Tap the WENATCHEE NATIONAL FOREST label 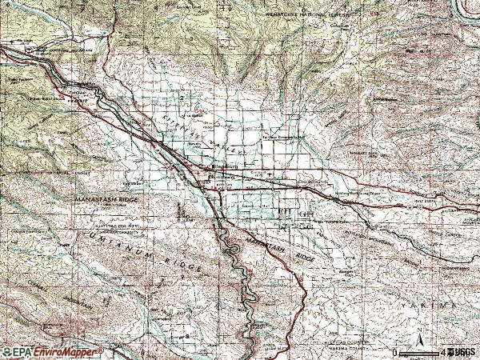[x=309, y=15]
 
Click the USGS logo [x=462, y=351]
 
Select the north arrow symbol [x=418, y=344]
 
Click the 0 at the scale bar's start [x=394, y=352]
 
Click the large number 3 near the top [x=192, y=38]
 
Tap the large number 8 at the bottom [x=186, y=337]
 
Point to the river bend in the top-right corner [x=463, y=10]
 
